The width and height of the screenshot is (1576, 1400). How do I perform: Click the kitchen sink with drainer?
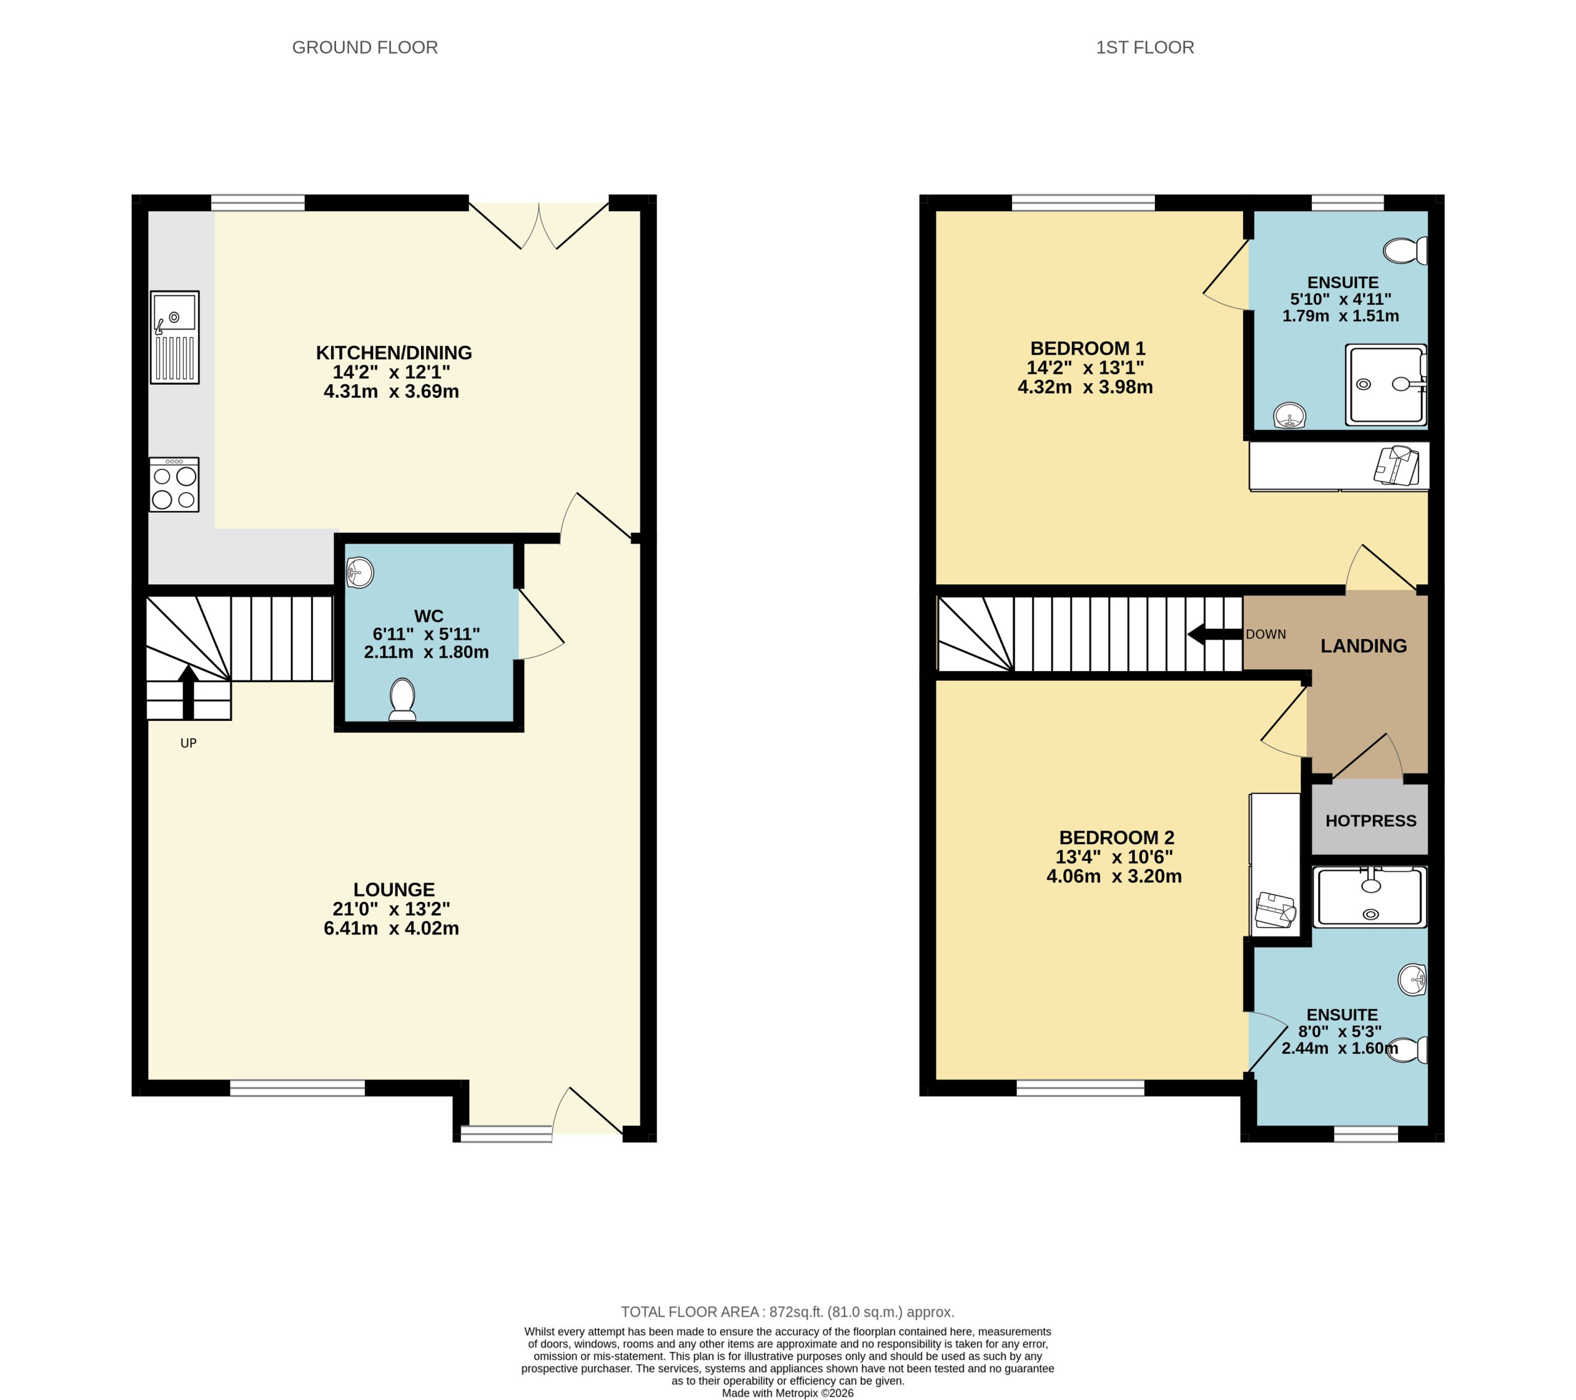[174, 337]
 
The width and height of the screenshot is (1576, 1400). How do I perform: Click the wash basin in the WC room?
[360, 573]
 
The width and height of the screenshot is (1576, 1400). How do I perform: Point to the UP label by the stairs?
[188, 743]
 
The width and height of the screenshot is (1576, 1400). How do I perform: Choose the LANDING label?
[1363, 646]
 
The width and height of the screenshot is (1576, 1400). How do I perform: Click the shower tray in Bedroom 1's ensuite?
[1386, 384]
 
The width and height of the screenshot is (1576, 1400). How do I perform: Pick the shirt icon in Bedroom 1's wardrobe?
[1396, 465]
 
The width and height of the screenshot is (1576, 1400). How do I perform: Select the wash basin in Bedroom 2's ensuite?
[1412, 980]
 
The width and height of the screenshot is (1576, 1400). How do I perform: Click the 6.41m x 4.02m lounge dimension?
[391, 928]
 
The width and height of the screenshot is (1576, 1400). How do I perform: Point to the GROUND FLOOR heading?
[364, 48]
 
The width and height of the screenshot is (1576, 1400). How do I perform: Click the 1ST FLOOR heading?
[1144, 48]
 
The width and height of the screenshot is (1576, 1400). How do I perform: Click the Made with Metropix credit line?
[787, 1393]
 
